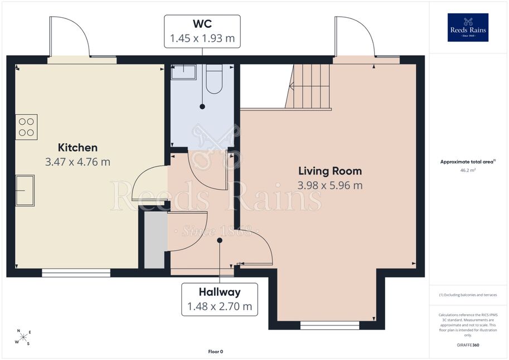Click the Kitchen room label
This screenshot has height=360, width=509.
click(77, 147)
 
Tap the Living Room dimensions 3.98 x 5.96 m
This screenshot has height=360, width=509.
click(330, 186)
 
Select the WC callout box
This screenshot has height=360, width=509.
click(202, 31)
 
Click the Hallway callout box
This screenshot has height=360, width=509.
click(220, 299)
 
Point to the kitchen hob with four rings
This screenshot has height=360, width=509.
click(27, 127)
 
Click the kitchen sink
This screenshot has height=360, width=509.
click(25, 190)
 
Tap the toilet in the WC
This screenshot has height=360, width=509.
click(214, 79)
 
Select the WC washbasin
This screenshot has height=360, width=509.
click(184, 72)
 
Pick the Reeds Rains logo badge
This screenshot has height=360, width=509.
click(468, 28)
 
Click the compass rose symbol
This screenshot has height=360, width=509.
click(23, 337)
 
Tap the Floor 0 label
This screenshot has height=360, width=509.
click(216, 352)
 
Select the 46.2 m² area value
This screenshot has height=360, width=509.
click(468, 170)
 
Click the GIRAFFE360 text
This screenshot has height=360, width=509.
click(468, 345)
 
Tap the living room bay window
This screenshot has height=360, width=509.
click(330, 325)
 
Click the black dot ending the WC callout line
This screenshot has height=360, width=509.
click(202, 106)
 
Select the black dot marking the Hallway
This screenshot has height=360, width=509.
click(220, 241)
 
